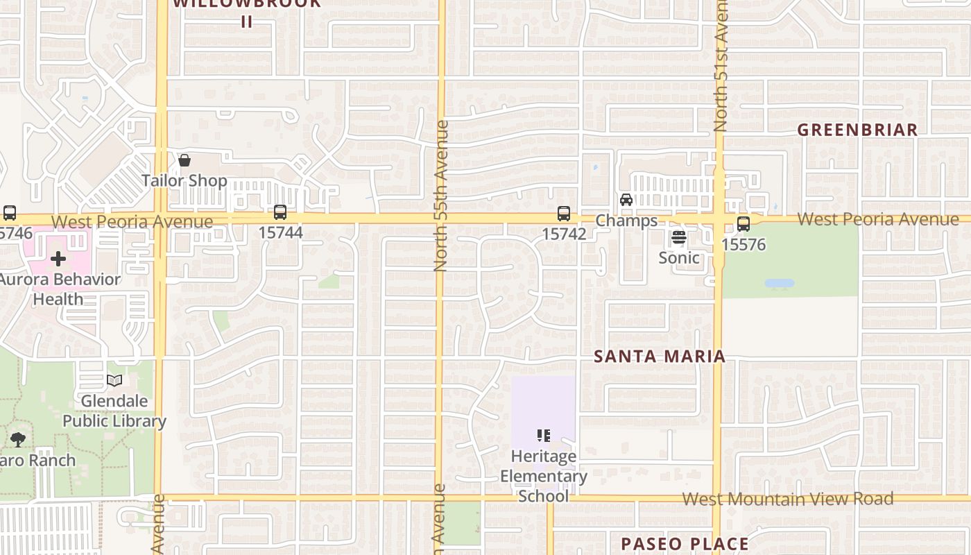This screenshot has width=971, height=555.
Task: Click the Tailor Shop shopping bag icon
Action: tap(184, 161)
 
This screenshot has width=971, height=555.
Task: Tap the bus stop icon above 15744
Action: tap(280, 212)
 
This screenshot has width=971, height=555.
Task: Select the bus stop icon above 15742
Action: tap(564, 214)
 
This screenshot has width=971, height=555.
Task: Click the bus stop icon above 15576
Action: tap(744, 224)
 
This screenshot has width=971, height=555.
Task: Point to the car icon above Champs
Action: tap(626, 200)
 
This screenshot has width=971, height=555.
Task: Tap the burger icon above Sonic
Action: tap(679, 237)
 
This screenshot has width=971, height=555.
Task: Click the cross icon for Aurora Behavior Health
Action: tap(58, 259)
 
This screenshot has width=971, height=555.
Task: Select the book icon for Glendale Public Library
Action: tap(114, 381)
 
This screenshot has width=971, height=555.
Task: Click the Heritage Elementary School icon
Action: tap(544, 436)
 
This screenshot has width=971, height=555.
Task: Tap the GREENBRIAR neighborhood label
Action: tap(857, 130)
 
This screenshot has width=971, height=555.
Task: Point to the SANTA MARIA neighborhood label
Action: tap(660, 357)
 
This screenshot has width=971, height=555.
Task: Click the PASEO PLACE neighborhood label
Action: tap(685, 543)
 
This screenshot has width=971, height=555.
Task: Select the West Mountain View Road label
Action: tap(787, 499)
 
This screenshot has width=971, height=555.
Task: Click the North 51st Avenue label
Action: tap(720, 66)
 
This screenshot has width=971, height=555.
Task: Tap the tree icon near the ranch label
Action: tap(18, 439)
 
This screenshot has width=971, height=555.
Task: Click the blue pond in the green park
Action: tap(779, 284)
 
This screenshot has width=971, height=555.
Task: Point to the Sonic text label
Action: tap(679, 257)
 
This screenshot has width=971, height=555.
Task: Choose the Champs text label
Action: tap(626, 221)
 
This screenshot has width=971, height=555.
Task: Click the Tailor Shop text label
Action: tap(184, 181)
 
